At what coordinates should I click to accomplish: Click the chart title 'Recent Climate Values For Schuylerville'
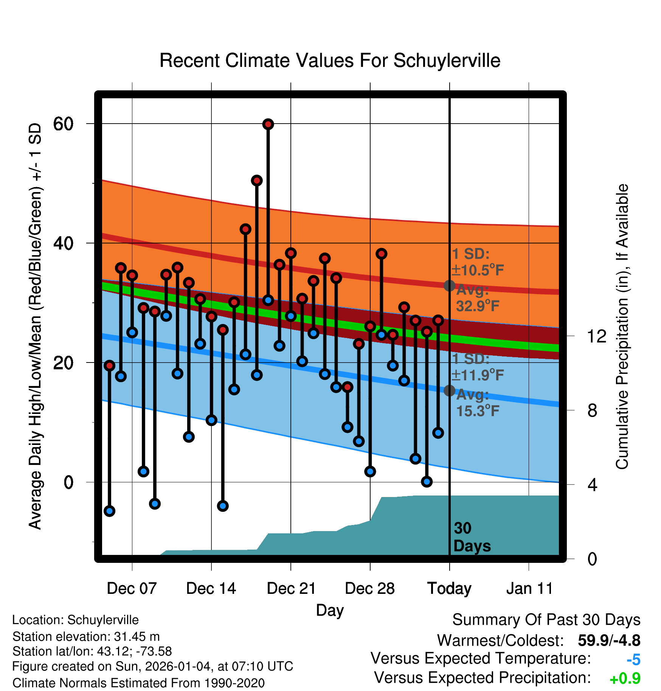coord(330,60)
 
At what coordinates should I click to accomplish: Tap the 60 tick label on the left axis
coord(64,124)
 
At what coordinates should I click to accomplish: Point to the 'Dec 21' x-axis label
coord(291,588)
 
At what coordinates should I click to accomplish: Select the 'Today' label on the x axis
coord(449,588)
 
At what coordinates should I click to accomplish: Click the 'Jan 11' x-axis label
coord(529,588)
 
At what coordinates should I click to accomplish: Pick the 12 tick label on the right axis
coord(596,336)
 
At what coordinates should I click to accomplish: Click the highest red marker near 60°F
coord(268,124)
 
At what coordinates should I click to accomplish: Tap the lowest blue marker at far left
coord(109,511)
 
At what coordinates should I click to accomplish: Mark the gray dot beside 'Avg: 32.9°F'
coord(449,286)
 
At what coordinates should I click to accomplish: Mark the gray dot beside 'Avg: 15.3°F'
coord(449,390)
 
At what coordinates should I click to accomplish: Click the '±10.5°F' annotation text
coord(478,270)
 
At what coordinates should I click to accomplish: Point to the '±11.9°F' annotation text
coord(478,375)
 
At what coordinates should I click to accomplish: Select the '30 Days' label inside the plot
coord(472,537)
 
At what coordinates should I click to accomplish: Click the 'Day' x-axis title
coord(330,610)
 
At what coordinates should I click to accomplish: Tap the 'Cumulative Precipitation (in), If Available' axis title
coord(622,327)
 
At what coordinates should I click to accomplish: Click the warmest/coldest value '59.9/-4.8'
coord(609,640)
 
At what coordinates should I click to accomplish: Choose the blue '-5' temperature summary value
coord(633,660)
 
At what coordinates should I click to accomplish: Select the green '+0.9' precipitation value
coord(625,679)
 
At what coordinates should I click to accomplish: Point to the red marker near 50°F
coord(257,181)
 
